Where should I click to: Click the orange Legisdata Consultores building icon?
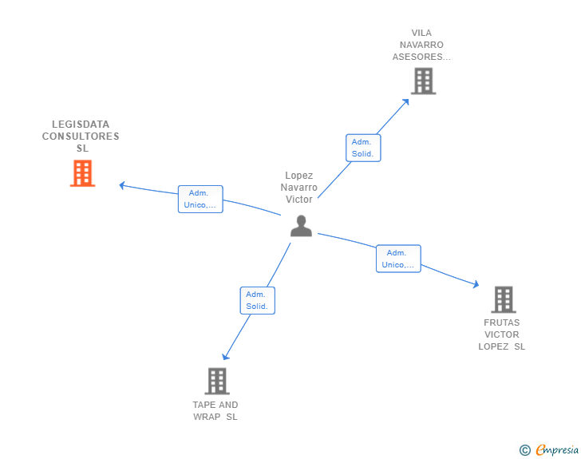coord(82,173)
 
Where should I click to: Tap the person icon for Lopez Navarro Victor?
coord(301,227)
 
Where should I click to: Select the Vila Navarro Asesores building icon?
coord(423,81)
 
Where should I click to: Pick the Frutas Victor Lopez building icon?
coord(503,299)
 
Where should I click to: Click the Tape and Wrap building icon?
coord(217,382)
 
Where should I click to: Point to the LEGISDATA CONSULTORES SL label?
coord(81,137)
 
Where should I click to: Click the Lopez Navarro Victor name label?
coord(299,188)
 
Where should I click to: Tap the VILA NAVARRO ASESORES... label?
coord(421,45)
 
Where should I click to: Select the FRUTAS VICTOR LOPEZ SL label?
coord(502,334)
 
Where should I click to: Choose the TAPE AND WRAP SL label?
coord(215,410)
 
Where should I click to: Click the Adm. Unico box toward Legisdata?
coord(200,199)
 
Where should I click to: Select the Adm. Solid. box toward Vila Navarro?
coord(363,148)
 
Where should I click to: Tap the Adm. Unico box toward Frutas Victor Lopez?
coord(398,259)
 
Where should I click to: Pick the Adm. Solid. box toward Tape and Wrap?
coord(258,300)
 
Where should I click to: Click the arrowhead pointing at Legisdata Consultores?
coord(122,185)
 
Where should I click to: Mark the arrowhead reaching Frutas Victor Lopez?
coord(476,284)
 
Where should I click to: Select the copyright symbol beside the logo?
coord(525,450)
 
